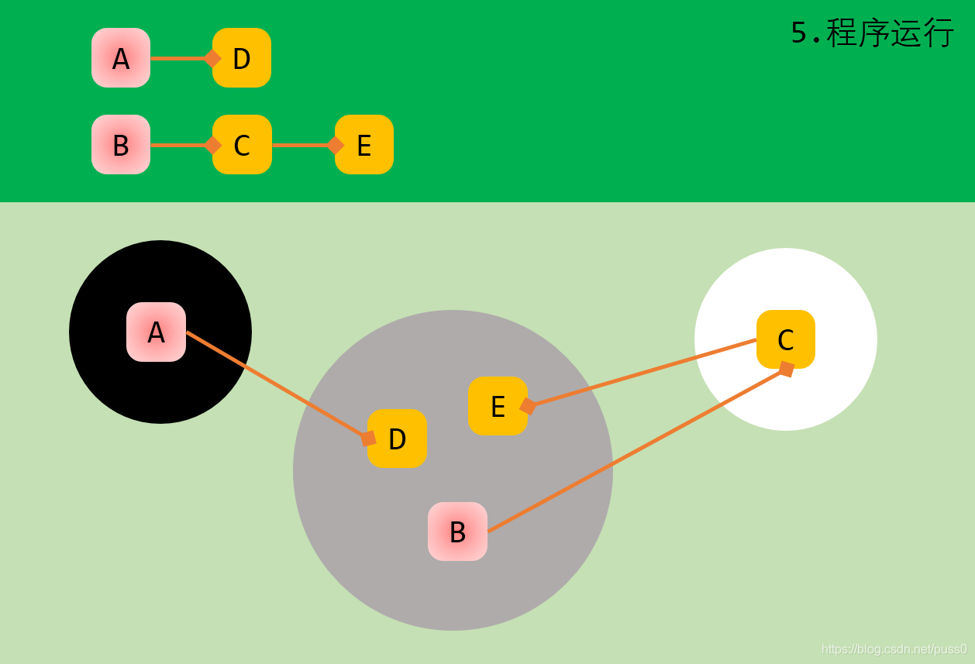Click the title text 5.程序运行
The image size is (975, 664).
(872, 33)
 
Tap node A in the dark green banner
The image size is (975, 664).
(121, 58)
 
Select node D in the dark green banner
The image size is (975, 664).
(242, 58)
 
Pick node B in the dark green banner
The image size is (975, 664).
(121, 145)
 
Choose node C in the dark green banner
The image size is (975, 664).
(242, 145)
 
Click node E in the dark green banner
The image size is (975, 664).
(364, 145)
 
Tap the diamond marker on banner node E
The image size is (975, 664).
(336, 145)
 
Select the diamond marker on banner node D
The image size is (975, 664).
(212, 58)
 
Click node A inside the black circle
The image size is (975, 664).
(156, 332)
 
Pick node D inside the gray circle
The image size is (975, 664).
(398, 439)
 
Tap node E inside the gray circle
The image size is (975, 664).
(498, 406)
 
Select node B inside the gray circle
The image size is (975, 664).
(457, 532)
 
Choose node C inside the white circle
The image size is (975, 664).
(786, 339)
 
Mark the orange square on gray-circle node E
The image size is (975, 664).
(528, 406)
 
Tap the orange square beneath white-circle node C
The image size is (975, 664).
(787, 370)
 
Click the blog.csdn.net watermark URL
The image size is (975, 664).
(894, 649)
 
